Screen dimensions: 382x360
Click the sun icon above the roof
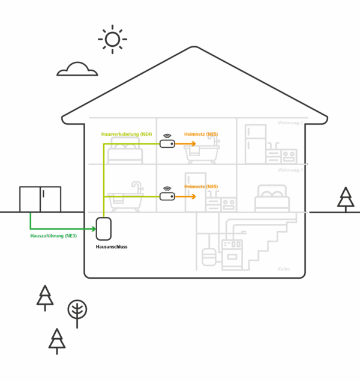[x=112, y=39]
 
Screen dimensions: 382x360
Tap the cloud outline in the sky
[x=77, y=70]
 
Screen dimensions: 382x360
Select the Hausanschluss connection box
[x=104, y=229]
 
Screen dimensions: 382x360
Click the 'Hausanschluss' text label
[x=112, y=247]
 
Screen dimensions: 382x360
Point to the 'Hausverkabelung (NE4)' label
[x=127, y=133]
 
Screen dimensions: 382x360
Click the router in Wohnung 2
[x=167, y=144]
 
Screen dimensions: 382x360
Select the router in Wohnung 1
[x=167, y=196]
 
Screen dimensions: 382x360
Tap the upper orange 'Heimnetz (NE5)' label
[x=202, y=133]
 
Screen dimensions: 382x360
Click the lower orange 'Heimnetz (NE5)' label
[x=202, y=186]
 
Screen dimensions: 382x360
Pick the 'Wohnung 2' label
[x=290, y=123]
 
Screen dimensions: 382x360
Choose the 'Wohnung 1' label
[x=290, y=170]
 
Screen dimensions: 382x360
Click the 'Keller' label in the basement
[x=284, y=268]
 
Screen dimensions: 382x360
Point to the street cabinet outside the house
[x=40, y=199]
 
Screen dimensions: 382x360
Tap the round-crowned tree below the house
[x=77, y=312]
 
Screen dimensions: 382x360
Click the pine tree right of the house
[x=346, y=199]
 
